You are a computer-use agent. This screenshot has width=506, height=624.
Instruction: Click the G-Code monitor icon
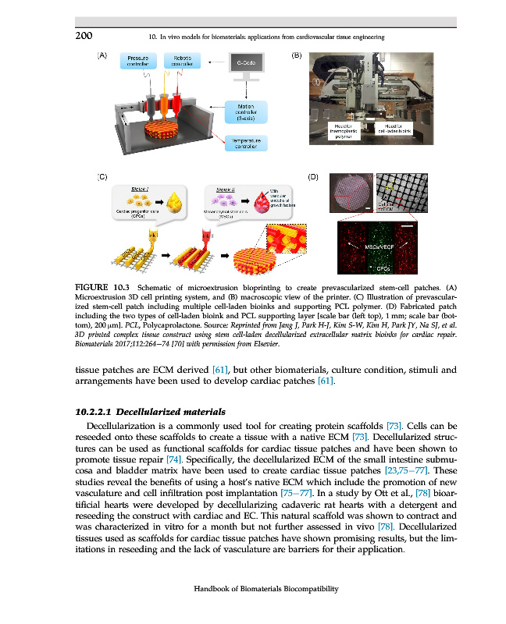click(x=246, y=62)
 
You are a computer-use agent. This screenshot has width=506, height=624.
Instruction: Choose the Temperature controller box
click(x=245, y=144)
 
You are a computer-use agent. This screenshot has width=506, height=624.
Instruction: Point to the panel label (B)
click(x=296, y=55)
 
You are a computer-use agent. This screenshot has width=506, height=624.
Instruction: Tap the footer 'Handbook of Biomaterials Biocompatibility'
click(x=271, y=589)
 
